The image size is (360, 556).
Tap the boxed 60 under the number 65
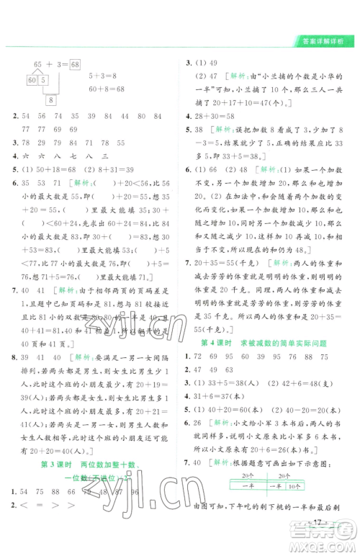click(x=32, y=79)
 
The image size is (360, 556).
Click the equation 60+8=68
click(x=107, y=89)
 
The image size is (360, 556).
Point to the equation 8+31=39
click(x=105, y=170)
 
